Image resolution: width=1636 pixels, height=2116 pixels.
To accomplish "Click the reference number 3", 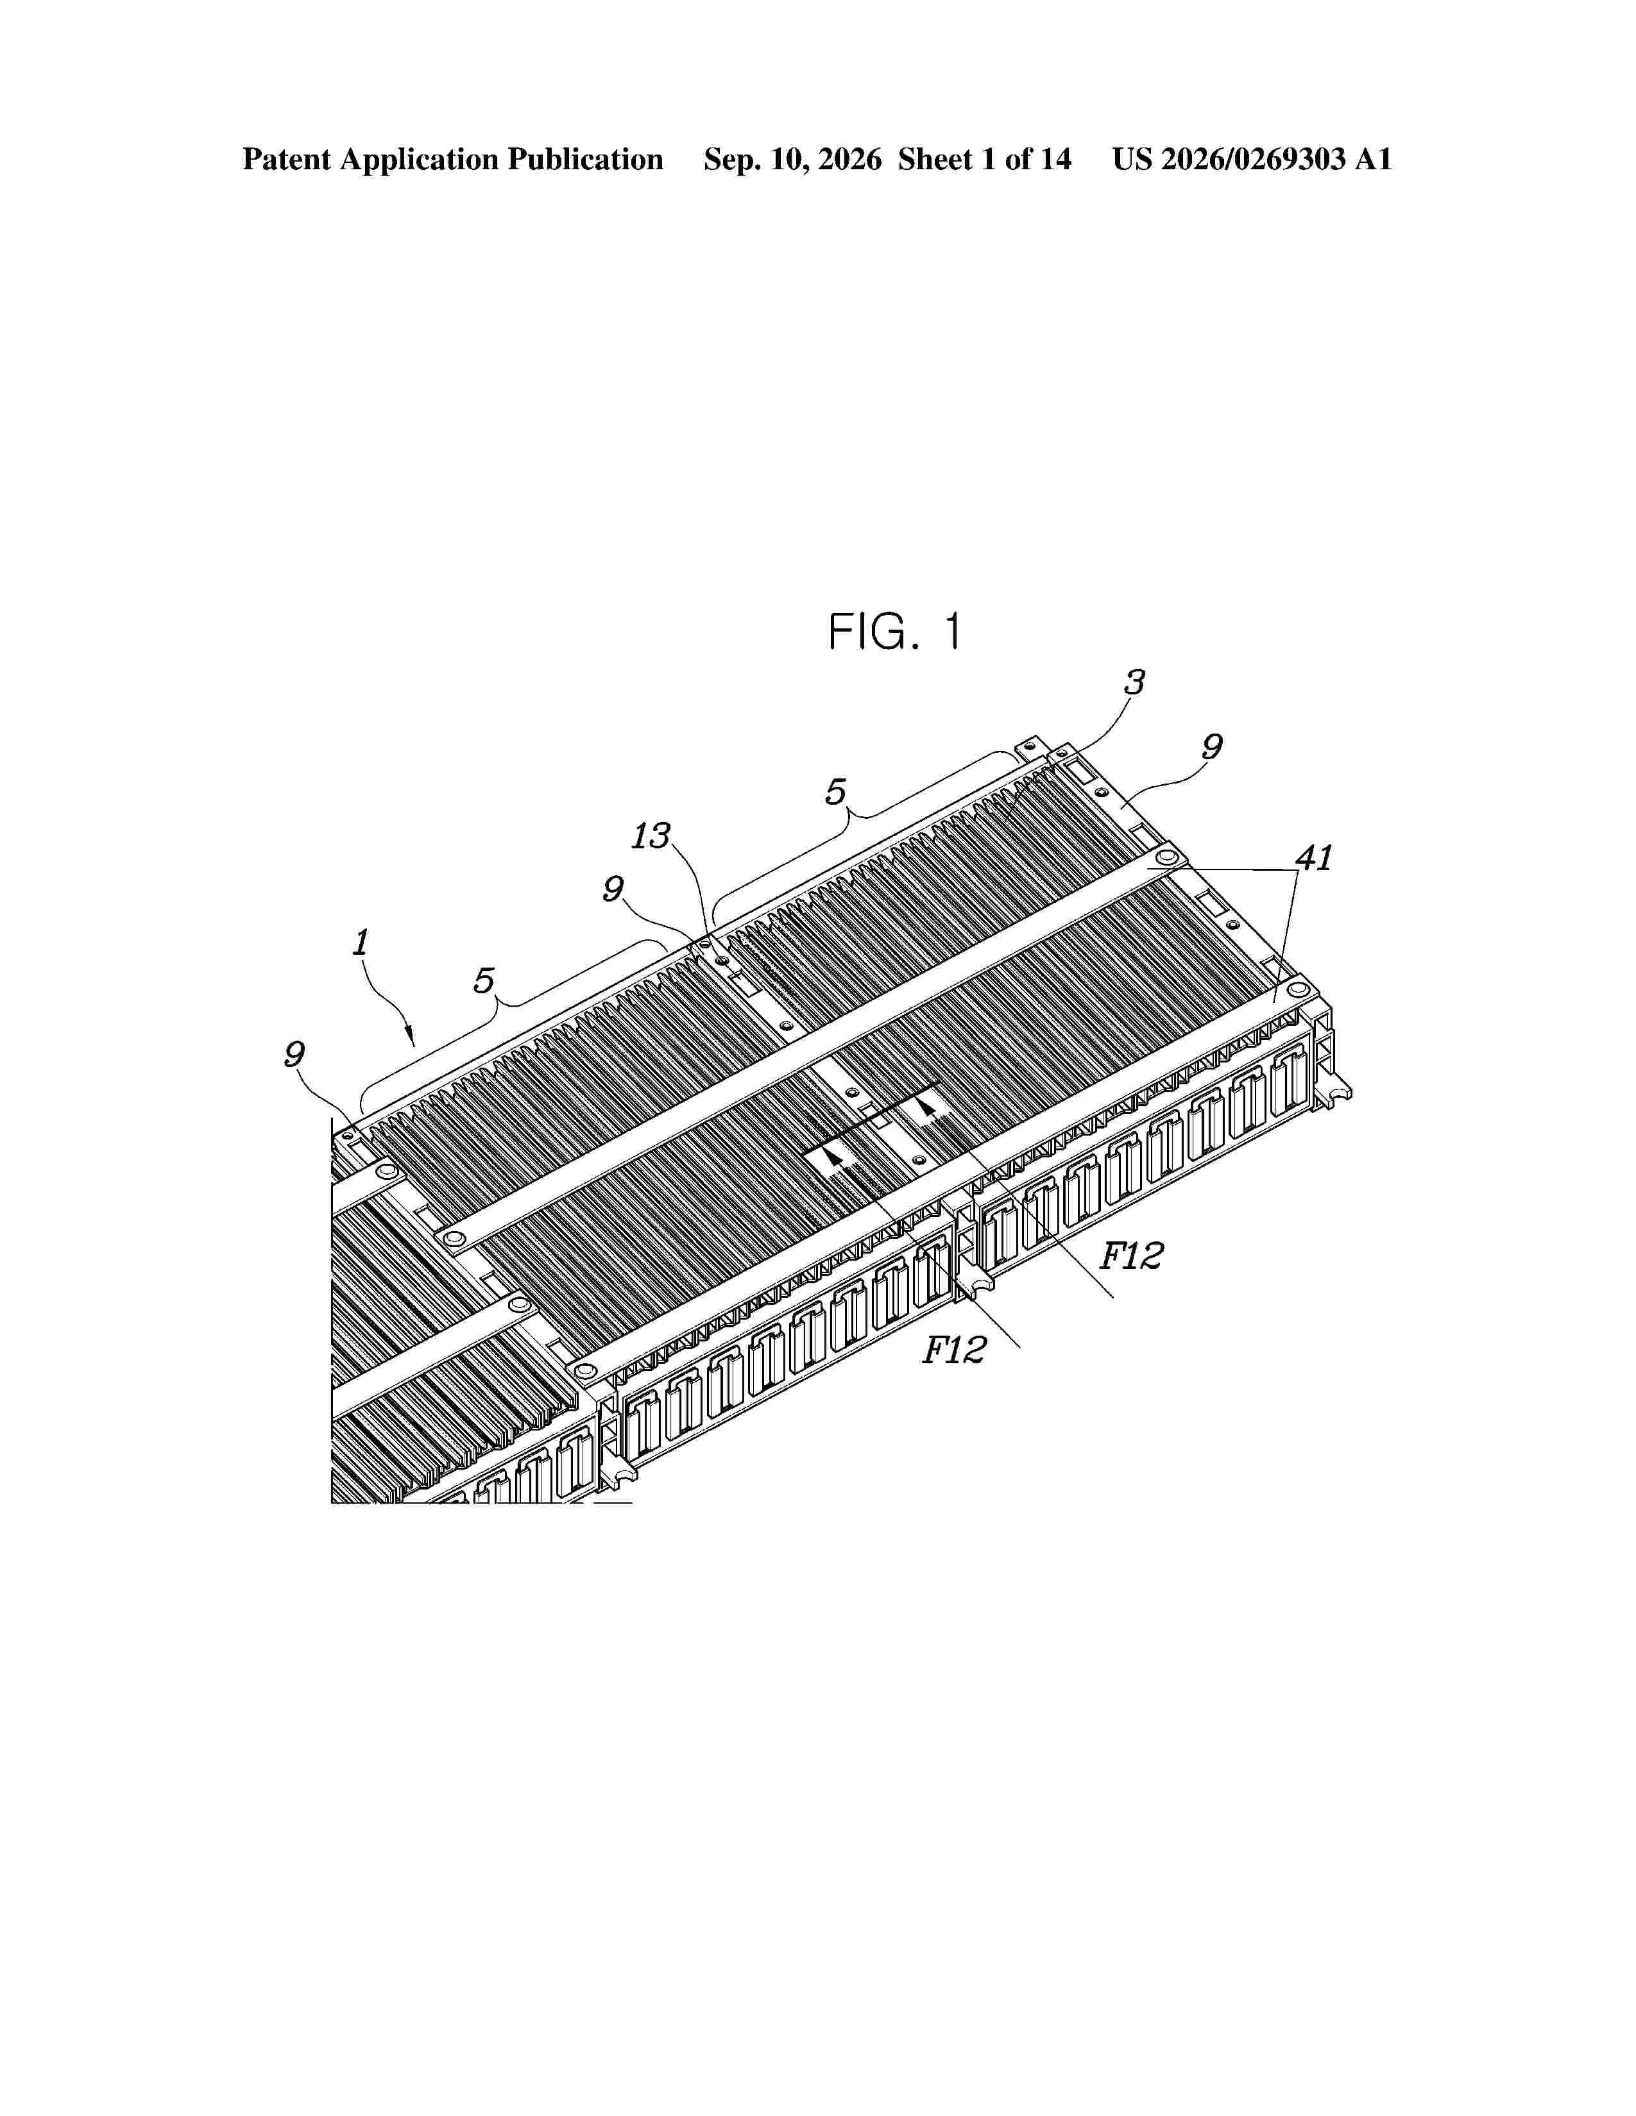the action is point(1134,682).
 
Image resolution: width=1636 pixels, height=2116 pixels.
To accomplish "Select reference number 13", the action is point(651,835).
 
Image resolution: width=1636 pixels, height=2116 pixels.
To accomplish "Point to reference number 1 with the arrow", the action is point(361,942).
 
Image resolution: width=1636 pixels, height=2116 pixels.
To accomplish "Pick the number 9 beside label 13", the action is point(613,889).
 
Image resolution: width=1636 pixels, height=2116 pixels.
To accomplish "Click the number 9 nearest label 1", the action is point(294,1053).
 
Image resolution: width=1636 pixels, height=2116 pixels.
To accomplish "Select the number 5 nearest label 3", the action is point(835,791).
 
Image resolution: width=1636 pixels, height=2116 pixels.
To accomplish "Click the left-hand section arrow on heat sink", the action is point(831,1156).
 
